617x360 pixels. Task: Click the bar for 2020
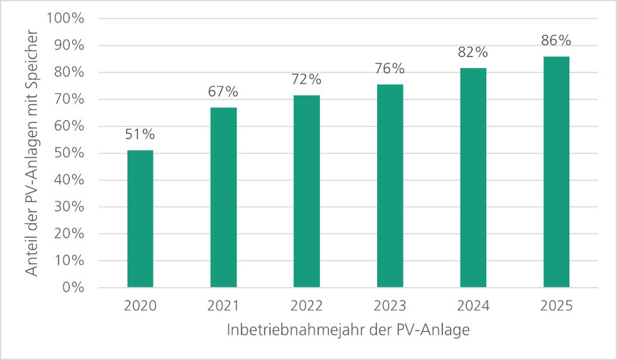140,219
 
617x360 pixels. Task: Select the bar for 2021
224,197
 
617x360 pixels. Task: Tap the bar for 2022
306,191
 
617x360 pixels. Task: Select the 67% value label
224,93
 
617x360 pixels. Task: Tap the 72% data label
306,79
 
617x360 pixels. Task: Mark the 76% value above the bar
390,69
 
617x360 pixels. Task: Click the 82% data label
473,52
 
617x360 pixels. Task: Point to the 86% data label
556,41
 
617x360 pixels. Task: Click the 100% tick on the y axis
65,18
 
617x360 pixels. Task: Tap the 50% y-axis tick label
69,153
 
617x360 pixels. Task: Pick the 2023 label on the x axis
390,306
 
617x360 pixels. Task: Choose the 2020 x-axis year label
140,306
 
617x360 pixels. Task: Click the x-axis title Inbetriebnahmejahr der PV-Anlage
349,330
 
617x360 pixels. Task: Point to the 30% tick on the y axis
69,207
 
